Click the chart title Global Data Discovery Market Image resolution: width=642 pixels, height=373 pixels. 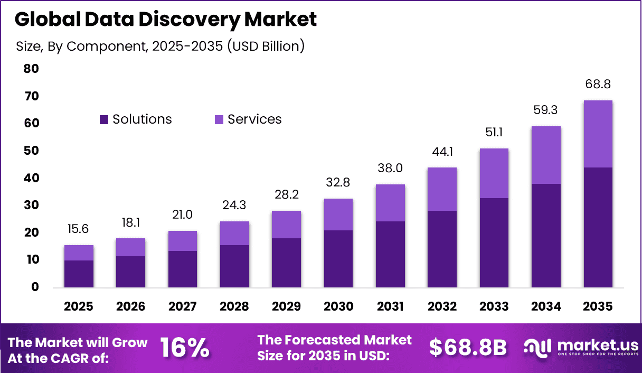click(166, 20)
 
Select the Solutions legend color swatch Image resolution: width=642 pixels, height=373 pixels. click(104, 120)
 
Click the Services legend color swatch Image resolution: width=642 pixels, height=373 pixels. click(219, 120)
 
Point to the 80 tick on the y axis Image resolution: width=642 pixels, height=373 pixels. click(31, 69)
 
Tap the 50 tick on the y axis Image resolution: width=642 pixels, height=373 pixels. click(31, 151)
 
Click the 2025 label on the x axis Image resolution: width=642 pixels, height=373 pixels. click(79, 307)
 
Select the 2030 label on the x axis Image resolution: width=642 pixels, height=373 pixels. click(338, 307)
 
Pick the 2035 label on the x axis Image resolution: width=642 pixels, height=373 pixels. click(598, 307)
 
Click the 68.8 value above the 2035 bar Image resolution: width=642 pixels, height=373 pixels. click(598, 84)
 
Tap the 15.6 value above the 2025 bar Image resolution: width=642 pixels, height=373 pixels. click(79, 229)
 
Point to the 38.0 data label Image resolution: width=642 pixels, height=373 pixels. click(390, 168)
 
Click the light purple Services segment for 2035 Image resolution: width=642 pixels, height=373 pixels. click(598, 134)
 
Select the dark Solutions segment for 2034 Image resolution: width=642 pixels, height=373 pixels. click(546, 236)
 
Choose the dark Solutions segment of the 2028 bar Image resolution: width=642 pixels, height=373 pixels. click(234, 266)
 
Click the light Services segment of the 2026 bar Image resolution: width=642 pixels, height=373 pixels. click(130, 247)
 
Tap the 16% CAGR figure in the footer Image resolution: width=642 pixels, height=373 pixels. click(184, 348)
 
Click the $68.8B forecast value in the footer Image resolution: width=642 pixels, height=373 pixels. click(468, 348)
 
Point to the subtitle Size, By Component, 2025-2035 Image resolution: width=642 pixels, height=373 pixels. click(160, 46)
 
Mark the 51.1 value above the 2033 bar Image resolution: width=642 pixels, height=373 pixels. click(494, 132)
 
